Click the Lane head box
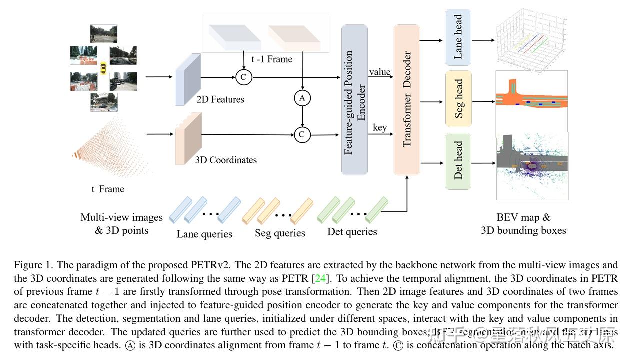pos(458,37)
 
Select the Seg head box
pos(458,99)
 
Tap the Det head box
pos(458,161)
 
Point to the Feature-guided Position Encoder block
pos(354,100)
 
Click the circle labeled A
pos(302,98)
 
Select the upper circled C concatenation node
pos(244,77)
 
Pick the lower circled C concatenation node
pos(302,135)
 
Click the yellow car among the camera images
pos(103,68)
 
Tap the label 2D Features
pos(220,99)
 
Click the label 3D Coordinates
pos(226,160)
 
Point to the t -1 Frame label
pos(272,59)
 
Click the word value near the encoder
pos(380,72)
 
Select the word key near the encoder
pos(380,127)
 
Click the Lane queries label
pos(204,234)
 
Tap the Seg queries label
pos(280,233)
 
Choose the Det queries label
pos(352,232)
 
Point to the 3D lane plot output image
pos(530,38)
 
